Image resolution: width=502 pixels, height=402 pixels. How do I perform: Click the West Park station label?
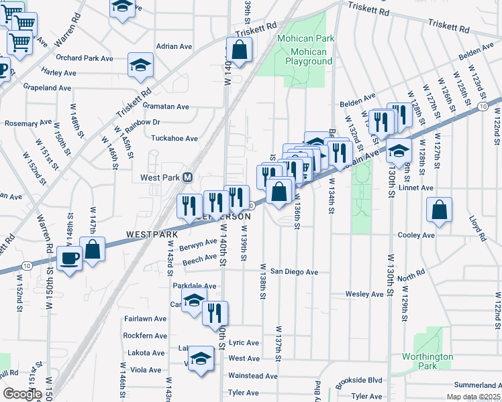pyautogui.click(x=160, y=178)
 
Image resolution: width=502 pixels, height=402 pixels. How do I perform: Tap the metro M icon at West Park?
pyautogui.click(x=189, y=178)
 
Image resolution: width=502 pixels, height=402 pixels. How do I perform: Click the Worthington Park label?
pyautogui.click(x=428, y=361)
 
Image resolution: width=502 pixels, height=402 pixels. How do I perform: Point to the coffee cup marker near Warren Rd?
pyautogui.click(x=68, y=258)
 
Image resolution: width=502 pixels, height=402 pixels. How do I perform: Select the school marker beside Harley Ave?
pyautogui.click(x=141, y=65)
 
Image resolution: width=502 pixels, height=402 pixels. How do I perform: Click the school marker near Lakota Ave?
pyautogui.click(x=201, y=357)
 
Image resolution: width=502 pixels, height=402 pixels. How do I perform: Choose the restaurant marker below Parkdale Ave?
pyautogui.click(x=215, y=312)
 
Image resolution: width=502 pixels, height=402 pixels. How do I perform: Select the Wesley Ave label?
pyautogui.click(x=364, y=294)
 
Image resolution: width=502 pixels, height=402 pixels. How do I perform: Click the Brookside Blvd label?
pyautogui.click(x=360, y=380)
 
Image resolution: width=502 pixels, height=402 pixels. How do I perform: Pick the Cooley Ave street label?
pyautogui.click(x=417, y=235)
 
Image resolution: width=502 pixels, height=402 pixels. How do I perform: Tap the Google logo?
pyautogui.click(x=22, y=394)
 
